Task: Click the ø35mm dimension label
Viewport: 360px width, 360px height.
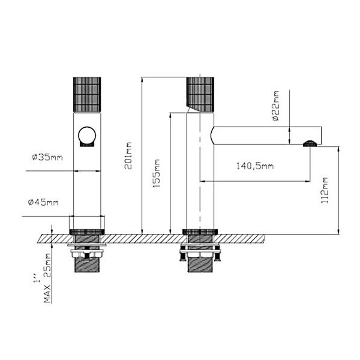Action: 47,158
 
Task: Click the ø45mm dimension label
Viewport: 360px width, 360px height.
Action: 43,202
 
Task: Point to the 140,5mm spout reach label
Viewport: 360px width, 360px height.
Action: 255,166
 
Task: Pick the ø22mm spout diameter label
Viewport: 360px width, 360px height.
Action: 276,106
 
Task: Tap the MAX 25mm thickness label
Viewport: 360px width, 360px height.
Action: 48,277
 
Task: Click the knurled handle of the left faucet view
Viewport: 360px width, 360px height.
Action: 87,94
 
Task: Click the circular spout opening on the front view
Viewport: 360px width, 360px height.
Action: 87,136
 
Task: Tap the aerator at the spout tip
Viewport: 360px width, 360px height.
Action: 309,143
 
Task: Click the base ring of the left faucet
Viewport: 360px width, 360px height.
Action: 88,232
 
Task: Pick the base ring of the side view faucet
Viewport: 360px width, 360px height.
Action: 199,232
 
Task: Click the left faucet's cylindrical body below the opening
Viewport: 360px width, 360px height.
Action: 87,186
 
